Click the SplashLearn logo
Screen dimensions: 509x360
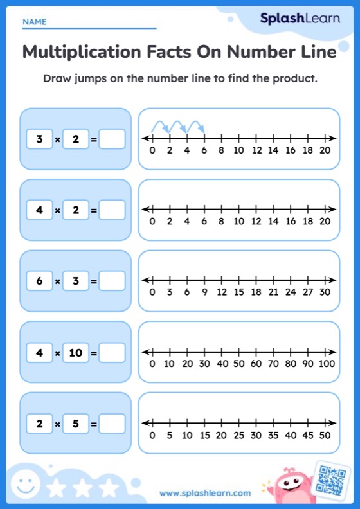300,18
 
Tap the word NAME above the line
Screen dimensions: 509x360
34,22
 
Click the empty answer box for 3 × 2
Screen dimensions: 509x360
112,139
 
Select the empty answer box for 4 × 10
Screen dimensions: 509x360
112,352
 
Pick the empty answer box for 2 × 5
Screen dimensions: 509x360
112,424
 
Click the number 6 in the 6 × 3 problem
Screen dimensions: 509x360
40,281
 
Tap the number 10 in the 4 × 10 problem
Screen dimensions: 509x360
76,352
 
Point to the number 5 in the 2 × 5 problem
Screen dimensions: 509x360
76,424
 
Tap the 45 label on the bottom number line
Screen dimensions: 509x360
308,435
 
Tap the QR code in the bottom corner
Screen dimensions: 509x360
332,478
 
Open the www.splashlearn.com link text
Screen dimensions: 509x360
205,493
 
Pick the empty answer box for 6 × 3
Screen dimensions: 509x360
112,281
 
